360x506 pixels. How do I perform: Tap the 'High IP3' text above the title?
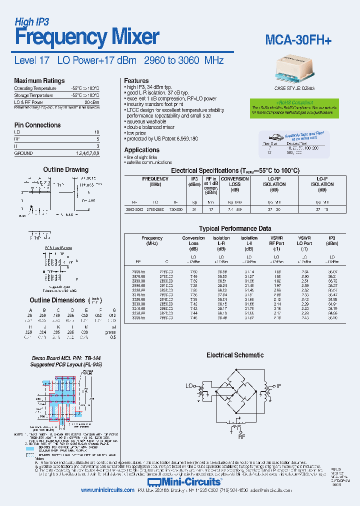(x=31, y=21)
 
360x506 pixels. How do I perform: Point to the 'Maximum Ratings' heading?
(x=39, y=80)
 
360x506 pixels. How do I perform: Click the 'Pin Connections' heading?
(x=37, y=125)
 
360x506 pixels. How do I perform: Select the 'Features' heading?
(x=136, y=80)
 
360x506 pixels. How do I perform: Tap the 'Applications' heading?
(x=141, y=150)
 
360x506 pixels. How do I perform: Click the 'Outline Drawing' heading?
(x=65, y=169)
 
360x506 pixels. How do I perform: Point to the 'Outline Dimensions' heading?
(x=57, y=300)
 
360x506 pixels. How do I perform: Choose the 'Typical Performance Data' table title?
(x=235, y=228)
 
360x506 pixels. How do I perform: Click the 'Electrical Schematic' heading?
(x=235, y=355)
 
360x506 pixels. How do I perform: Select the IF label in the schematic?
(x=279, y=386)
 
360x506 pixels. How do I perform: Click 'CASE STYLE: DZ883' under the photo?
(x=301, y=88)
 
